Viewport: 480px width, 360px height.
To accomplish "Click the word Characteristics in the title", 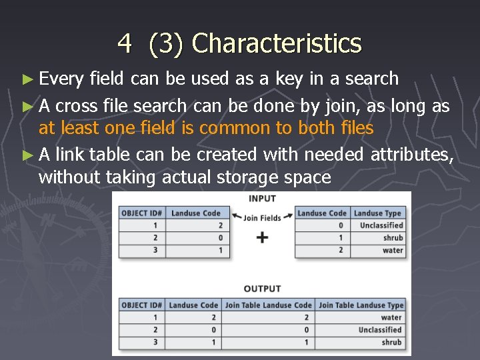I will tap(276, 44).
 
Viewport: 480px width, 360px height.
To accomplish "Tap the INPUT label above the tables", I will tap(262, 199).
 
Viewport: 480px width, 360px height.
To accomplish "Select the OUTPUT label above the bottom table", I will tap(262, 289).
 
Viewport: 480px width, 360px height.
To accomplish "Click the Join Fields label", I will tap(262, 217).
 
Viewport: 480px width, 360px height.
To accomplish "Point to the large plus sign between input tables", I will tap(262, 237).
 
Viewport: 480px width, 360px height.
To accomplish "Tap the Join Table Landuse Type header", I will tap(361, 305).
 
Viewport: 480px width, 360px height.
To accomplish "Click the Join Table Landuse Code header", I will tap(268, 305).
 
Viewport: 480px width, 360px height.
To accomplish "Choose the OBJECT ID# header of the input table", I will tap(141, 213).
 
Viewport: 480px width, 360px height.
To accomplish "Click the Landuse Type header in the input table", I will tap(377, 213).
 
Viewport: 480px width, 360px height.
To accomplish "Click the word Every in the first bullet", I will tap(61, 79).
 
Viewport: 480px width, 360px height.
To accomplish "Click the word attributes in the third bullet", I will tap(412, 155).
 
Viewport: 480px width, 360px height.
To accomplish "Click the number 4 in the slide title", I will tap(125, 44).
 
